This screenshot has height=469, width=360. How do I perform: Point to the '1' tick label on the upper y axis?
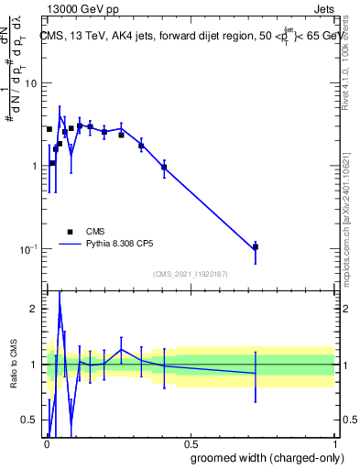coord(35,166)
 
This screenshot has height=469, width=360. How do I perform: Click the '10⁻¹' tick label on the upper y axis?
coord(29,249)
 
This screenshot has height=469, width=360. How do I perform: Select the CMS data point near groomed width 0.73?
coord(256,246)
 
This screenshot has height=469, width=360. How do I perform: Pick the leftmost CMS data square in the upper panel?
coord(49,129)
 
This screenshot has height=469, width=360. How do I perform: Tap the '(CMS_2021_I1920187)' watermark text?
coord(190,274)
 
